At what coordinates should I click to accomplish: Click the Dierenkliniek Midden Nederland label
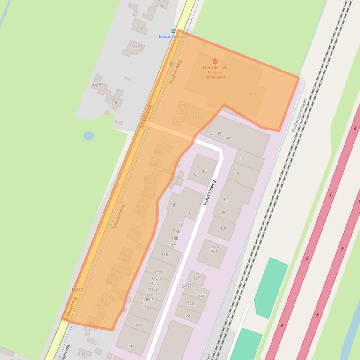[215, 72]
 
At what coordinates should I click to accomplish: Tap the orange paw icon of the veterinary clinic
[215, 61]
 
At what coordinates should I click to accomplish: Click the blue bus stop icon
[174, 31]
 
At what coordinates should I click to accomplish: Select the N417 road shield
[77, 290]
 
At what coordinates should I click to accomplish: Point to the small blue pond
[88, 136]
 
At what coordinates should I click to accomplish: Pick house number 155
[253, 94]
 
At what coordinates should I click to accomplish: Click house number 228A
[96, 84]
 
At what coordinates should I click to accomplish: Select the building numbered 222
[136, 47]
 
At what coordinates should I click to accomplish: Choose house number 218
[140, 29]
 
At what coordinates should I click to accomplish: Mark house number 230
[115, 103]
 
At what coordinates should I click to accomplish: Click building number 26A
[222, 228]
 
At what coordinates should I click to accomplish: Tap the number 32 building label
[225, 200]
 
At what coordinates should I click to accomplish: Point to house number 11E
[164, 254]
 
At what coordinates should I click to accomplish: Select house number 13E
[173, 205]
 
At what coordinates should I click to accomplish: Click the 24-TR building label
[186, 286]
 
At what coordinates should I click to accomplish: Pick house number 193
[82, 355]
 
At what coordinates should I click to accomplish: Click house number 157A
[197, 118]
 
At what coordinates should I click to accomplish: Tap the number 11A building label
[139, 324]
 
